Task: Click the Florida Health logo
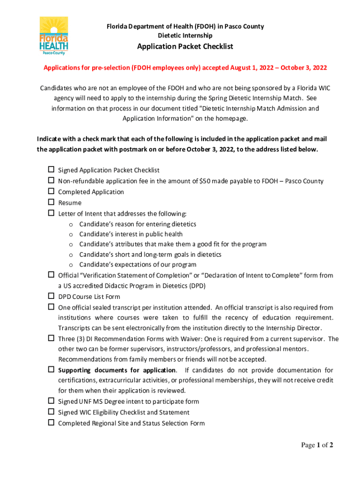coord(53,36)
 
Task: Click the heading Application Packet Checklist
coord(185,47)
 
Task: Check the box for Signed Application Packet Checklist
coord(51,170)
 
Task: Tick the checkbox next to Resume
coord(51,203)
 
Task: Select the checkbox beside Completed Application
coord(51,192)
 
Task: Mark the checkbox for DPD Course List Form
coord(51,297)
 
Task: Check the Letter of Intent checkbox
coord(51,213)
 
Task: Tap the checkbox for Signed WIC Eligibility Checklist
coord(51,413)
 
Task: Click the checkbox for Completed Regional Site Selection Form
coord(51,423)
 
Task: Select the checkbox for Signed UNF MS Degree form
coord(51,401)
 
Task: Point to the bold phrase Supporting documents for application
coord(117,370)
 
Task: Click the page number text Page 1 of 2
coord(317,445)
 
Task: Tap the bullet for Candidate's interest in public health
coord(71,234)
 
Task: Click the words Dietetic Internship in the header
coord(185,36)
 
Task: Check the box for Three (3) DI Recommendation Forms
coord(51,339)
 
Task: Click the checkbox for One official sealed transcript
coord(51,307)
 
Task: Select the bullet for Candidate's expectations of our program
coord(71,265)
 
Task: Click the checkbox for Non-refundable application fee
coord(51,181)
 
